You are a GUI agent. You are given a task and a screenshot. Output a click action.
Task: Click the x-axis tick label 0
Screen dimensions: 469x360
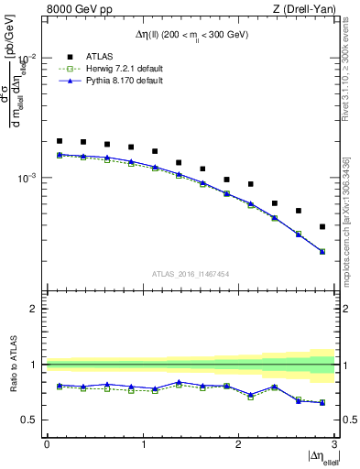tap(47, 444)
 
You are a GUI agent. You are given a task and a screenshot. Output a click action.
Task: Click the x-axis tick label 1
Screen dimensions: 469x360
tap(143, 444)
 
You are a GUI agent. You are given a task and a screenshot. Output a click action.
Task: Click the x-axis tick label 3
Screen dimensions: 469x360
tap(334, 444)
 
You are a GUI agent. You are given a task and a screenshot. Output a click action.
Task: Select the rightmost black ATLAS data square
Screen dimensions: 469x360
tap(322, 226)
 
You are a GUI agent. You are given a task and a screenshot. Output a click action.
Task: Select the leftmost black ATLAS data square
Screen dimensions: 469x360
tap(60, 141)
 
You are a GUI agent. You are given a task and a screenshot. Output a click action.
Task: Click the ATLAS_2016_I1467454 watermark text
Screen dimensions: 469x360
tap(190, 273)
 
